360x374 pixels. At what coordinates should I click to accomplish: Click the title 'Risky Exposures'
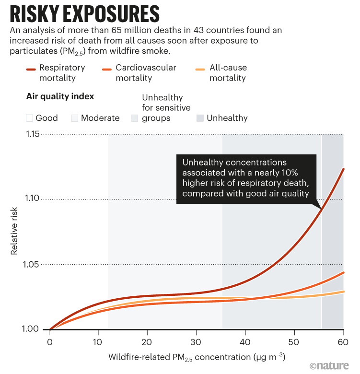pyautogui.click(x=84, y=14)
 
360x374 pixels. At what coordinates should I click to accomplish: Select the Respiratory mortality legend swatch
pyautogui.click(x=32, y=68)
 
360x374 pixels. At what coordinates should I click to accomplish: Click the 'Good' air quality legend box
pyautogui.click(x=29, y=118)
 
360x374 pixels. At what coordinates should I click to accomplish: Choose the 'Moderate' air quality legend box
pyautogui.click(x=74, y=118)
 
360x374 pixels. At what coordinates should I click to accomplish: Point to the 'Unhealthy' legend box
pyautogui.click(x=200, y=118)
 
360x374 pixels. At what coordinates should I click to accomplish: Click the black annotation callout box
pyautogui.click(x=246, y=178)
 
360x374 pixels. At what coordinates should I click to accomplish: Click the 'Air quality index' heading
pyautogui.click(x=59, y=96)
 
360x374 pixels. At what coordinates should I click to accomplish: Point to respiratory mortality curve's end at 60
pyautogui.click(x=343, y=169)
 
